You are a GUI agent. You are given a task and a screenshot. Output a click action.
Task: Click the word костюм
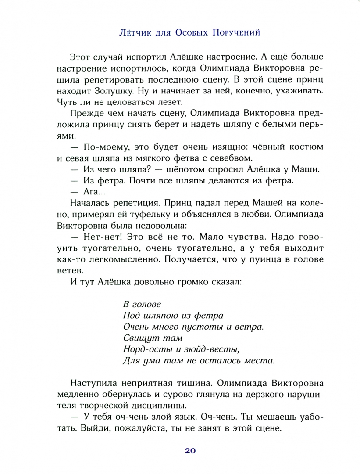pos(303,147)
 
